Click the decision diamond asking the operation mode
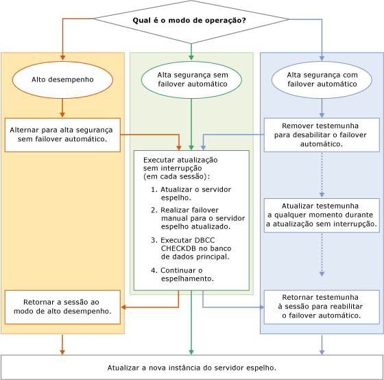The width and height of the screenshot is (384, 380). pos(190,21)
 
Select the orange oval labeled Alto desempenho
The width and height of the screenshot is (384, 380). pos(62,80)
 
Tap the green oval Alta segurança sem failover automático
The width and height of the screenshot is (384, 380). pos(191,80)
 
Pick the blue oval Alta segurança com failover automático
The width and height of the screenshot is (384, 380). pos(322,80)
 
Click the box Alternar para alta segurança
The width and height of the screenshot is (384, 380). pos(62,134)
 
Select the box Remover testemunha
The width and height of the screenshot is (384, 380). pos(322,134)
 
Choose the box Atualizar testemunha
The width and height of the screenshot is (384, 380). pos(322,215)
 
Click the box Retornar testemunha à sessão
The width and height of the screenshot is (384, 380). pos(322,306)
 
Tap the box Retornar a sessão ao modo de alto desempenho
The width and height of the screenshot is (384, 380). pos(62,306)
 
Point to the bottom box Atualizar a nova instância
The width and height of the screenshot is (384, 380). pos(191,367)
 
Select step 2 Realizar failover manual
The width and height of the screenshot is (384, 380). pos(195,217)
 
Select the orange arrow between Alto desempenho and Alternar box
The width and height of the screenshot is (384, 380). pos(62,107)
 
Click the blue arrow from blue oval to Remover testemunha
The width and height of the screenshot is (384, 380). pos(322,107)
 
